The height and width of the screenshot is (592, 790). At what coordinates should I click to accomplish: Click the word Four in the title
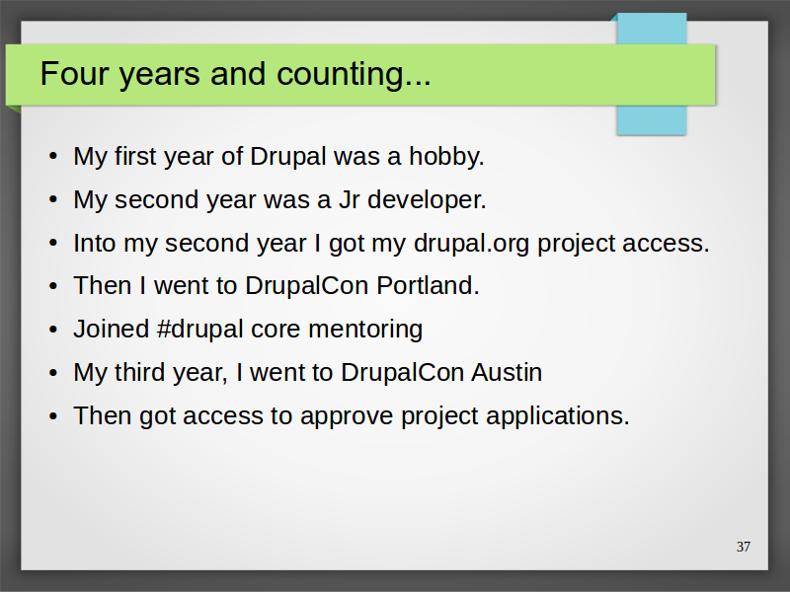[75, 73]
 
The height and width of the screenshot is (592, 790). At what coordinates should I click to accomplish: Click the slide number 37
[744, 547]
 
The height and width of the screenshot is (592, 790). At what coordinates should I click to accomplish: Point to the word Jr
[350, 200]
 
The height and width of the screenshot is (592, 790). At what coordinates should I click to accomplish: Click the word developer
[427, 200]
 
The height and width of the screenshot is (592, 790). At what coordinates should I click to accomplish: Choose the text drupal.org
[472, 244]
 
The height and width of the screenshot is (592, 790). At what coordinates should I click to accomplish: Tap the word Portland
[428, 285]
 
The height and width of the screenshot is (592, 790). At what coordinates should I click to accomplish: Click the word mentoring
[365, 330]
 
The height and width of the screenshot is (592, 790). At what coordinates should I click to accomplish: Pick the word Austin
[507, 373]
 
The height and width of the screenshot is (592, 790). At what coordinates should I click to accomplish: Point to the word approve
[347, 416]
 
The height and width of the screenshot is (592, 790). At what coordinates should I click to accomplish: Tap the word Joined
[112, 330]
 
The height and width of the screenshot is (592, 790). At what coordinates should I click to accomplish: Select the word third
[139, 373]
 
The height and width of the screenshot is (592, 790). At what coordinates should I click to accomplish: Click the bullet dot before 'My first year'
[53, 156]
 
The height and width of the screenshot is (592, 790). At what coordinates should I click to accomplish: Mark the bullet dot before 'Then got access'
[53, 416]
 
